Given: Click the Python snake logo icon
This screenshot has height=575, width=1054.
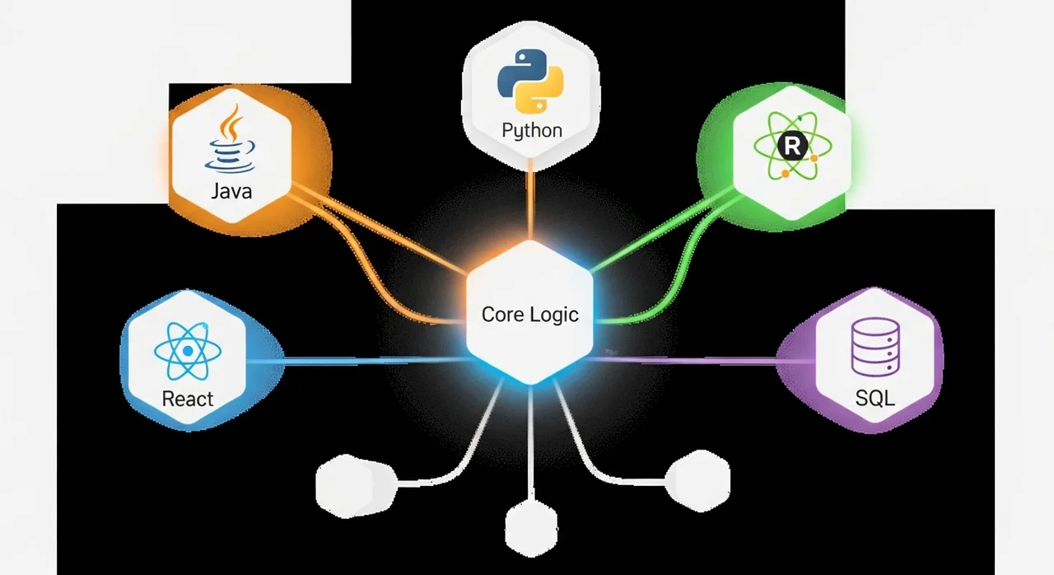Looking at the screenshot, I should (530, 81).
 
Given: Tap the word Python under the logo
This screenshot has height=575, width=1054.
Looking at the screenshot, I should (532, 130).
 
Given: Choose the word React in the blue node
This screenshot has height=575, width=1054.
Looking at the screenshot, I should (188, 400).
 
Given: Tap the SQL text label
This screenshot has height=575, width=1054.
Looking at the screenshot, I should (874, 400).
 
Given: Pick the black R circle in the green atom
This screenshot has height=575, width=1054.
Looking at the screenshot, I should (792, 147).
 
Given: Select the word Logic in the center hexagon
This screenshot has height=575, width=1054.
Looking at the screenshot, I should (555, 315).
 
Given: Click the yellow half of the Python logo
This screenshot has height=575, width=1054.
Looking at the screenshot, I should (541, 92).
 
